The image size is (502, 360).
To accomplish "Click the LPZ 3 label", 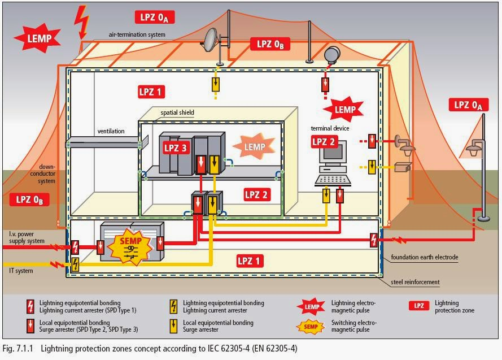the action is [x=175, y=148].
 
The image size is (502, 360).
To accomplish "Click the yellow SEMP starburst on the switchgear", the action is [x=130, y=246].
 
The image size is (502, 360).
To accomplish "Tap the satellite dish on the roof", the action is [x=211, y=40].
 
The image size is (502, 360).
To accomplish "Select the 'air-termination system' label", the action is [x=137, y=34].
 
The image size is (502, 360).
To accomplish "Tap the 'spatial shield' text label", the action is [x=177, y=112].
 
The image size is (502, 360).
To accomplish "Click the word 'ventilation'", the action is [x=111, y=131].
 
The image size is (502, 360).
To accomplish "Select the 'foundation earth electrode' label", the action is [x=425, y=257].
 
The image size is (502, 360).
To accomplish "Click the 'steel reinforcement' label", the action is [x=415, y=282].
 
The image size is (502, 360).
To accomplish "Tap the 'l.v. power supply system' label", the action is [x=27, y=237].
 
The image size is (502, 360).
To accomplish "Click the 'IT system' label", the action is [x=21, y=271].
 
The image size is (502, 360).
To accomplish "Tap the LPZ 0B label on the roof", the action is [x=270, y=44].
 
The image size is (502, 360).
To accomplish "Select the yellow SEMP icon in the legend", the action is [x=310, y=327].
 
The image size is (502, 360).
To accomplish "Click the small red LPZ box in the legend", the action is [x=419, y=306].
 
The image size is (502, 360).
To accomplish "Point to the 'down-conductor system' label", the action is [x=43, y=174].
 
